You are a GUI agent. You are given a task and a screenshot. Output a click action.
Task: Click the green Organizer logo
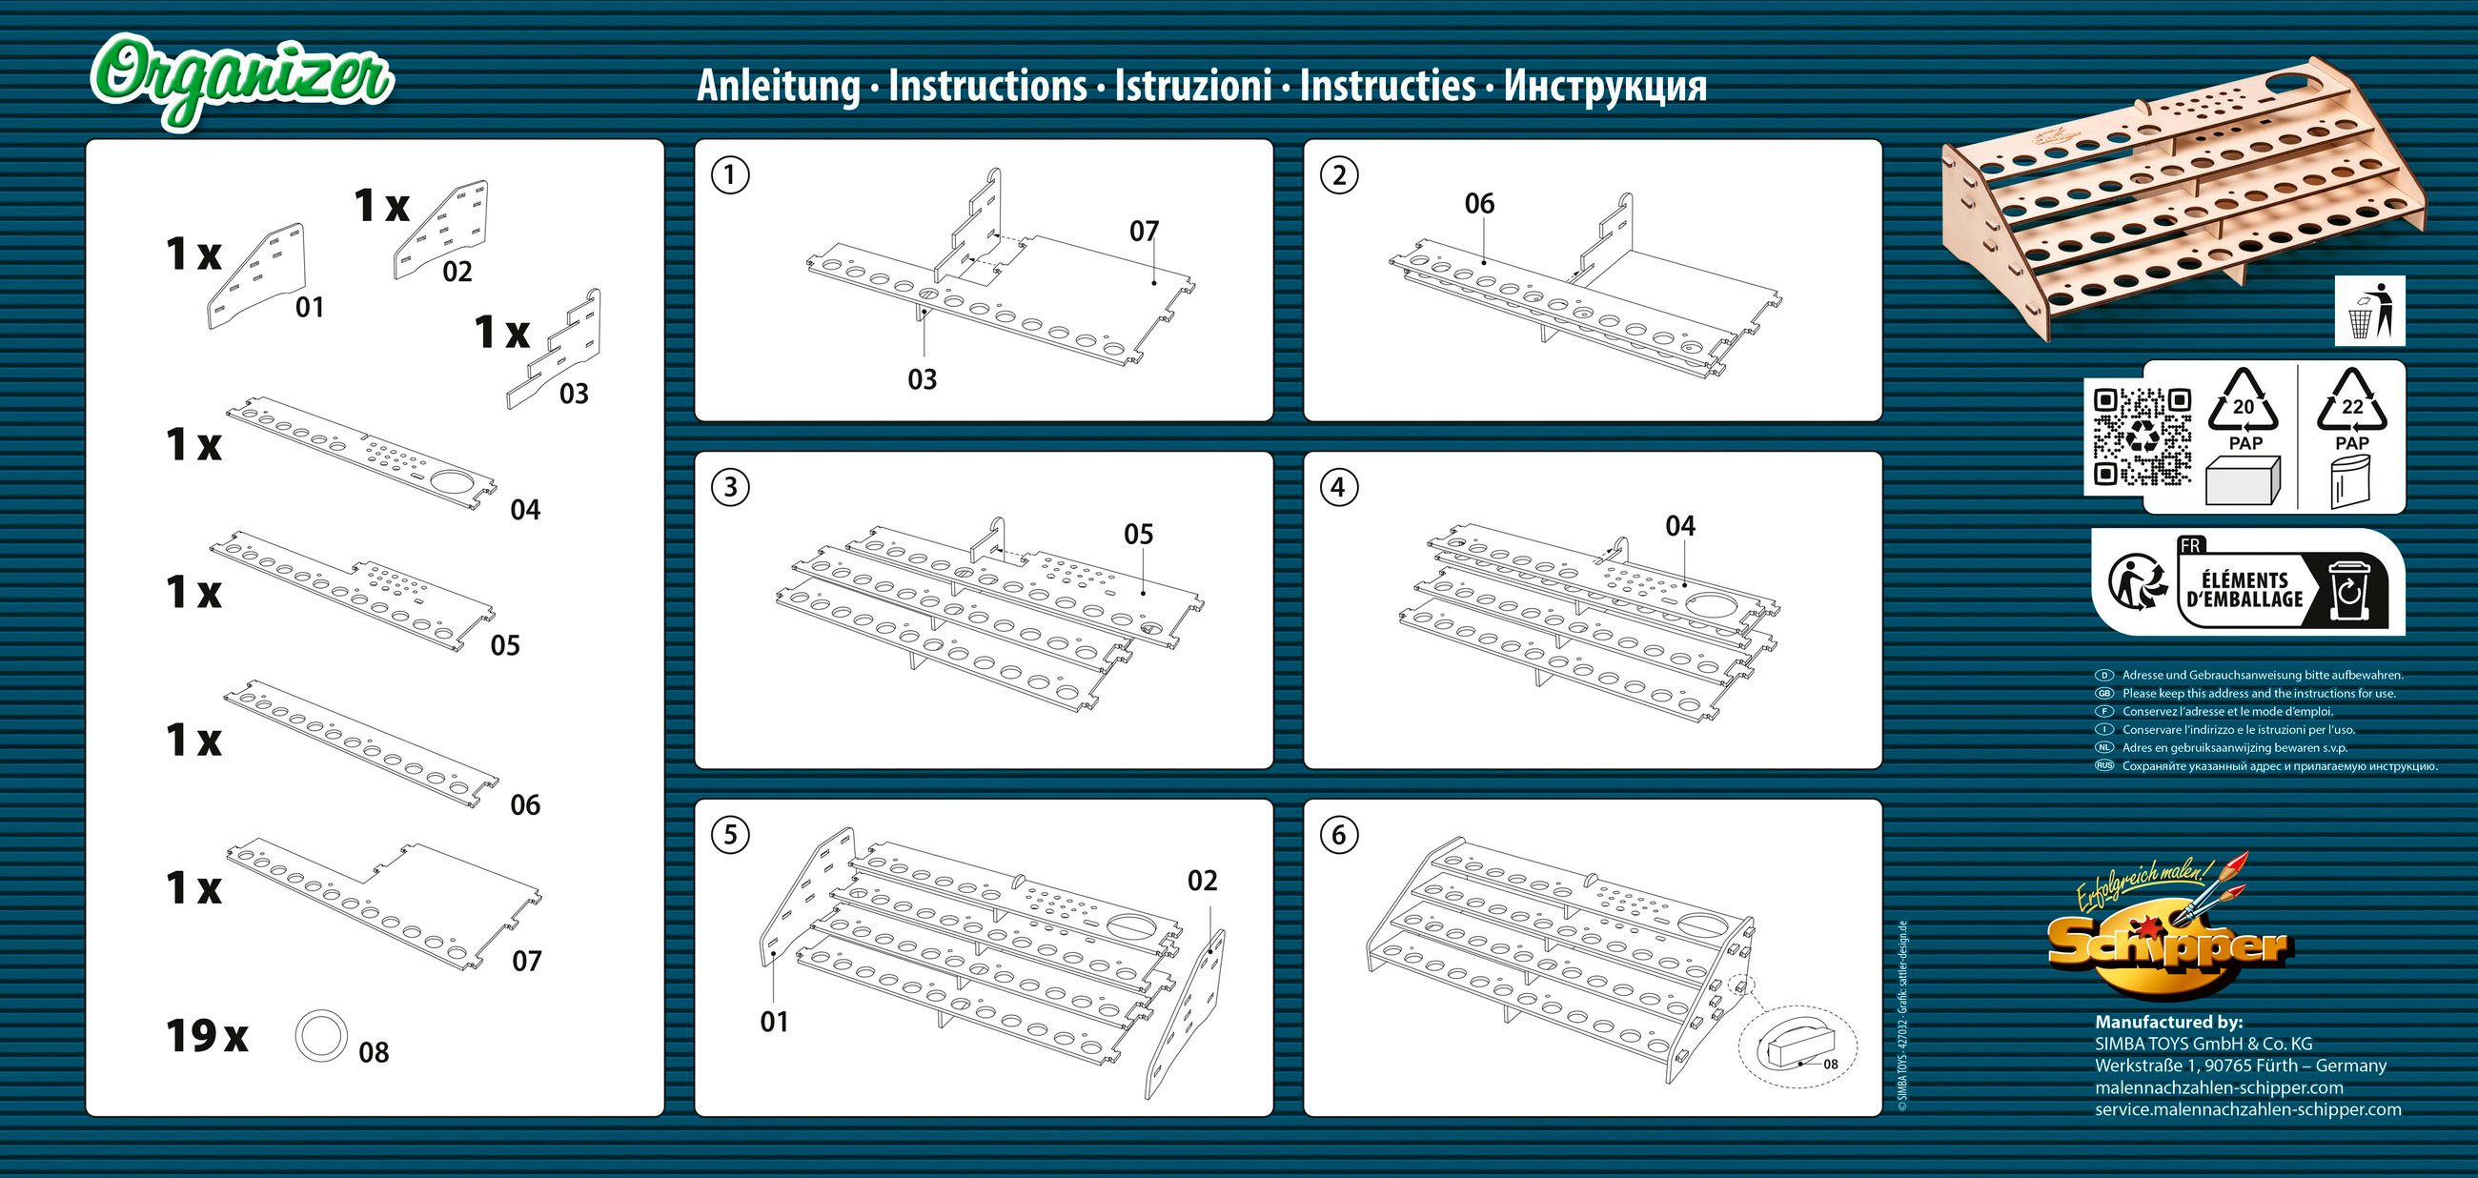pos(242,79)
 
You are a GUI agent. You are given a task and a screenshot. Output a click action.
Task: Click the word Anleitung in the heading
pos(778,86)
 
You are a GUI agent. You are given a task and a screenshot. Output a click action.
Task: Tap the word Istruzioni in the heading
pos(1193,86)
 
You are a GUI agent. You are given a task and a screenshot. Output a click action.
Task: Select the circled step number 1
pos(730,175)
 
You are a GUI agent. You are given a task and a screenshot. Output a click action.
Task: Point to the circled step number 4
pos(1339,487)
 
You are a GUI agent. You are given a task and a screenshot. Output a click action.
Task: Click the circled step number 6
pos(1339,835)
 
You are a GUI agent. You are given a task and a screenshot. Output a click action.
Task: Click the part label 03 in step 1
pos(922,379)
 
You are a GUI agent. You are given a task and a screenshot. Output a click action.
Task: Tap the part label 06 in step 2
pos(1479,204)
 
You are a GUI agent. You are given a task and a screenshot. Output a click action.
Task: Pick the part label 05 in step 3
pos(1138,535)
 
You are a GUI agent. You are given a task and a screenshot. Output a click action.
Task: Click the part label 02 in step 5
pos(1202,881)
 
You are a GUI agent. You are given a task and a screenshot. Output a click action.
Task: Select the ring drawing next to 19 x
pos(320,1036)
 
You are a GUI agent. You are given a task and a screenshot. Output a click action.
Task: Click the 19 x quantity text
pos(206,1037)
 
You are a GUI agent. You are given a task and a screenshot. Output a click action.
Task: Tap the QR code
pos(2143,437)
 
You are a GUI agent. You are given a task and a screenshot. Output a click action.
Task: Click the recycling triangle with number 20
pos(2244,403)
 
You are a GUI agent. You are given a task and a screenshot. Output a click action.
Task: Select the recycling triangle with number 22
pos(2352,403)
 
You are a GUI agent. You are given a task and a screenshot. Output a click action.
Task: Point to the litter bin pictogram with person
pos(2369,311)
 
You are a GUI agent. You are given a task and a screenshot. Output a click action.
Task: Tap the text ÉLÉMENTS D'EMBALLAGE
pos(2244,588)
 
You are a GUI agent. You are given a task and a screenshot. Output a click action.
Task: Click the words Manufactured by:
pos(2168,1023)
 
